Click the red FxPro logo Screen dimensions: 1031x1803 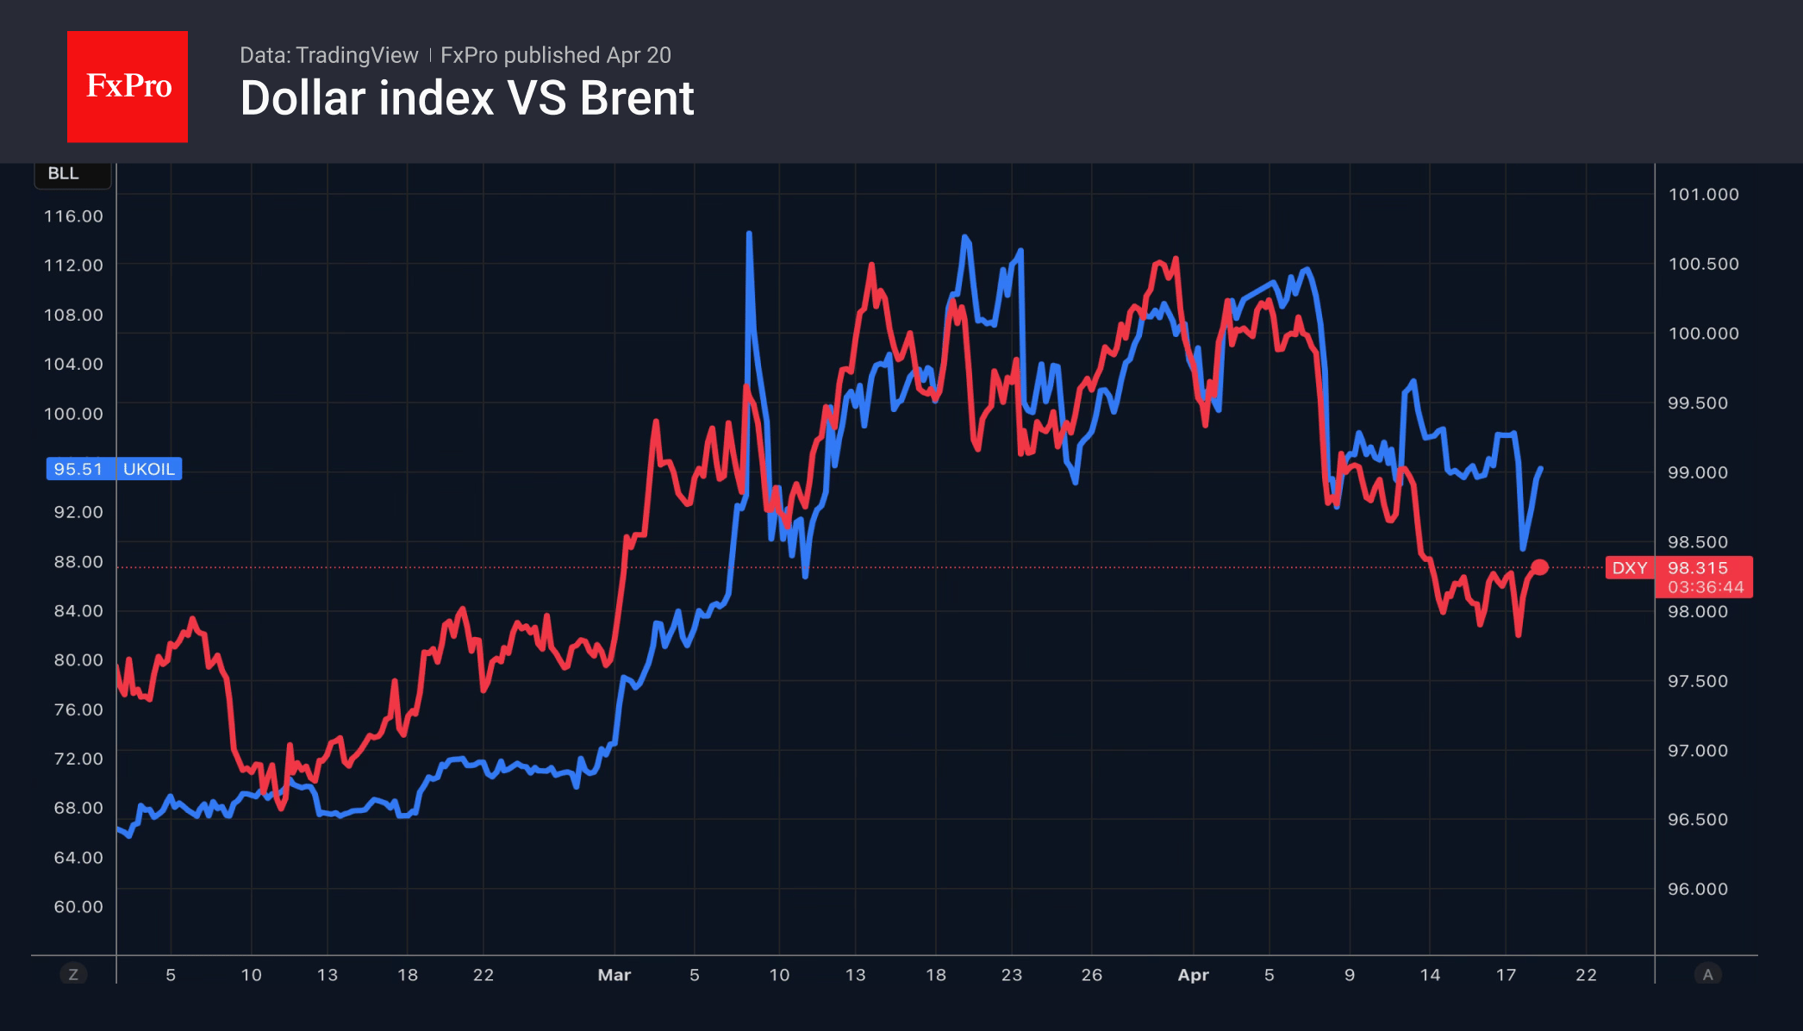click(x=128, y=86)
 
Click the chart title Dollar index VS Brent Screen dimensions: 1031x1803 click(x=466, y=98)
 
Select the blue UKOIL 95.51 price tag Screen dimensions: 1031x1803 click(x=114, y=469)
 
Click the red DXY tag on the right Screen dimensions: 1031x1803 click(x=1629, y=568)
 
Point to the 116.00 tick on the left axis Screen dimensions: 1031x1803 click(x=73, y=216)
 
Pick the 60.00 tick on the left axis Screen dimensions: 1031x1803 click(x=78, y=907)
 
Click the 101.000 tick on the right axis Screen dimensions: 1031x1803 click(x=1703, y=195)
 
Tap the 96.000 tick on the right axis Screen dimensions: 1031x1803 click(x=1697, y=889)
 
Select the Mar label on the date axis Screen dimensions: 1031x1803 click(x=614, y=975)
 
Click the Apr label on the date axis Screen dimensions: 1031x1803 click(x=1193, y=975)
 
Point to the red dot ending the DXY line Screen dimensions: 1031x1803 click(x=1539, y=567)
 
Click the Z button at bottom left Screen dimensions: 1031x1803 click(x=73, y=975)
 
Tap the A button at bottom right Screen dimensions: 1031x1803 click(x=1707, y=975)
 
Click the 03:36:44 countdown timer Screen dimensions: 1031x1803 click(x=1706, y=587)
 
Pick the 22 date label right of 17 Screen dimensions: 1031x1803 click(x=1586, y=975)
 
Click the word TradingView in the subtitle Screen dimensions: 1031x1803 click(x=357, y=55)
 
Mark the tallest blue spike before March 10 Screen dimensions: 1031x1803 click(x=749, y=234)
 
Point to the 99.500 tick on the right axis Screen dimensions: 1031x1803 click(x=1697, y=403)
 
